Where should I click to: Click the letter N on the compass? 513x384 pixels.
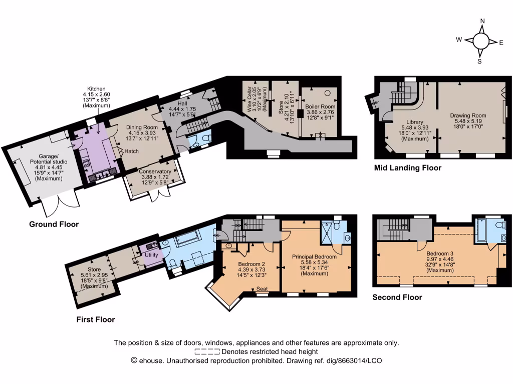pos(482,21)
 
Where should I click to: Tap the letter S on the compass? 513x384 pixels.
pos(479,61)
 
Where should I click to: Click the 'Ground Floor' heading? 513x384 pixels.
pos(54,224)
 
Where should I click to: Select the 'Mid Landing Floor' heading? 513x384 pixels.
pos(408,168)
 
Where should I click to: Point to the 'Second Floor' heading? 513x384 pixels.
pos(397,297)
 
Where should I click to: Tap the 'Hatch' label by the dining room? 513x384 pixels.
pos(132,151)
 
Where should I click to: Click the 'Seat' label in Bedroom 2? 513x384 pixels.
pos(262,289)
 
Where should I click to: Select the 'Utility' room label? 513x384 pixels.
pos(151,255)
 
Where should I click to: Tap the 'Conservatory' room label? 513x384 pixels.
pos(155,172)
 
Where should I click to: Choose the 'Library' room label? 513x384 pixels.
pos(415,122)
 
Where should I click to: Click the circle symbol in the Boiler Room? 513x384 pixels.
pos(329,92)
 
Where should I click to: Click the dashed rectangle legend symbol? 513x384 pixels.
pos(207,352)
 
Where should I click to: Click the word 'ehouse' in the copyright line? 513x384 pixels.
pos(152,360)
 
